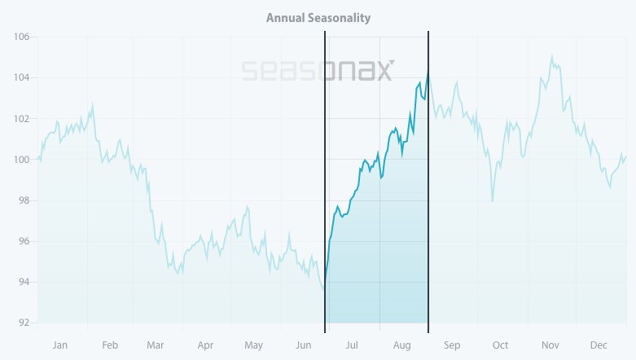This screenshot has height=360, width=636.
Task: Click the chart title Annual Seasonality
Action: (x=318, y=17)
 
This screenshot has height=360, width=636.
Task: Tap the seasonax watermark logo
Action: (x=318, y=71)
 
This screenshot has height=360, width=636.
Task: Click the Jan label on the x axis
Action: (x=59, y=345)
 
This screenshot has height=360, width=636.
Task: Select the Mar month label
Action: (x=155, y=345)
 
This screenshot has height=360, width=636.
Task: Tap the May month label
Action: (x=253, y=345)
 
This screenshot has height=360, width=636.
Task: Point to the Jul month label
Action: (x=352, y=345)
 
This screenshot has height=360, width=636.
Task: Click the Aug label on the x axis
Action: (x=402, y=345)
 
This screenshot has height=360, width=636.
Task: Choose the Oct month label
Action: (x=500, y=345)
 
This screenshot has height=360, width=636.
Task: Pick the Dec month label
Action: (x=599, y=345)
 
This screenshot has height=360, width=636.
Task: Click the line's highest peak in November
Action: (x=552, y=56)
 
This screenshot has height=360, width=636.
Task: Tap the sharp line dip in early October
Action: (x=493, y=200)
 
